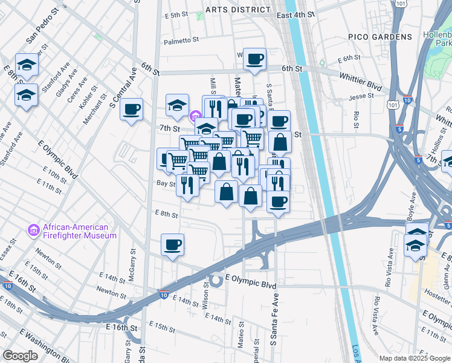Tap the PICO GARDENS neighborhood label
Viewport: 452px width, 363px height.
(380, 37)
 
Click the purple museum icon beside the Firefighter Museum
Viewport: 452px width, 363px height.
(34, 231)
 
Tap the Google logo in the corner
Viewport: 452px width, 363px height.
(21, 356)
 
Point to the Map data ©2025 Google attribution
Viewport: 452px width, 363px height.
(414, 358)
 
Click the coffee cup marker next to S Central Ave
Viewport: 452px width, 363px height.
(131, 110)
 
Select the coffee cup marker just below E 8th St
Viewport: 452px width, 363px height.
(172, 244)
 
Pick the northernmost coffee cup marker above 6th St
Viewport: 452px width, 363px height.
(254, 59)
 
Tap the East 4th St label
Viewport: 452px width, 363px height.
(296, 15)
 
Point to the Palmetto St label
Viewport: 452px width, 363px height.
(181, 41)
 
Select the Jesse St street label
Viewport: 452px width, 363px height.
(362, 97)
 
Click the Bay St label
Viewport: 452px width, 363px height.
(166, 183)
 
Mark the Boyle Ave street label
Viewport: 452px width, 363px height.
(413, 206)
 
